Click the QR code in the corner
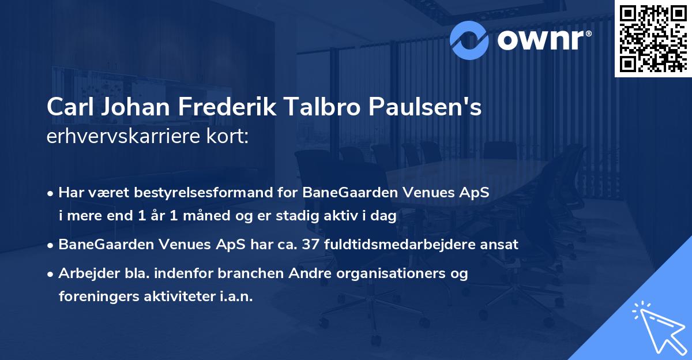pos(653,38)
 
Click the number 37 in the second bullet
pos(285,245)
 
